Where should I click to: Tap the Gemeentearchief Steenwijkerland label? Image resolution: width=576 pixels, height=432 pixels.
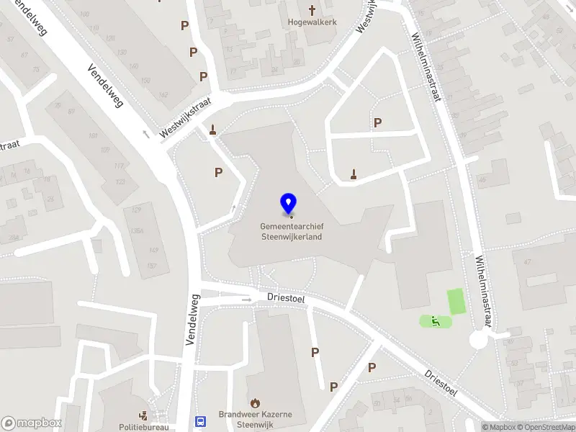[291, 231]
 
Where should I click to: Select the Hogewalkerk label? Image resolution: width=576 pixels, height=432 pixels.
[312, 22]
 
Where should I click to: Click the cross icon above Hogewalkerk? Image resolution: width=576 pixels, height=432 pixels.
[312, 10]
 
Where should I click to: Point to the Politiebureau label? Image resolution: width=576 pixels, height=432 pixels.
[143, 427]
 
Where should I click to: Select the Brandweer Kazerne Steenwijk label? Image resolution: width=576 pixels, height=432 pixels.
[256, 419]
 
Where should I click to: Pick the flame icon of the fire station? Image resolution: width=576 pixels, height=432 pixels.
[255, 402]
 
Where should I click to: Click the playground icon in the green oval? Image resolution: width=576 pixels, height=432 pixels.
[434, 320]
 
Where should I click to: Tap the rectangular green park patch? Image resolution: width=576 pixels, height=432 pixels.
[456, 301]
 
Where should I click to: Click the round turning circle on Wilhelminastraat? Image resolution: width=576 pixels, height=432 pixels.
[479, 340]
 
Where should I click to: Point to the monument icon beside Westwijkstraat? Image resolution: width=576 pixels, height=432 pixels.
[212, 130]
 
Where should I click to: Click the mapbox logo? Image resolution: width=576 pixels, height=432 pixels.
[32, 423]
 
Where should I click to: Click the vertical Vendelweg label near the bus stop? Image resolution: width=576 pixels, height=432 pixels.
[192, 319]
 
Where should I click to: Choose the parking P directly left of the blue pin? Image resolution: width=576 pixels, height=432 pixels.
[218, 172]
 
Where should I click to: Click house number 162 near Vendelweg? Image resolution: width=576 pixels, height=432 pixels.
[163, 94]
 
